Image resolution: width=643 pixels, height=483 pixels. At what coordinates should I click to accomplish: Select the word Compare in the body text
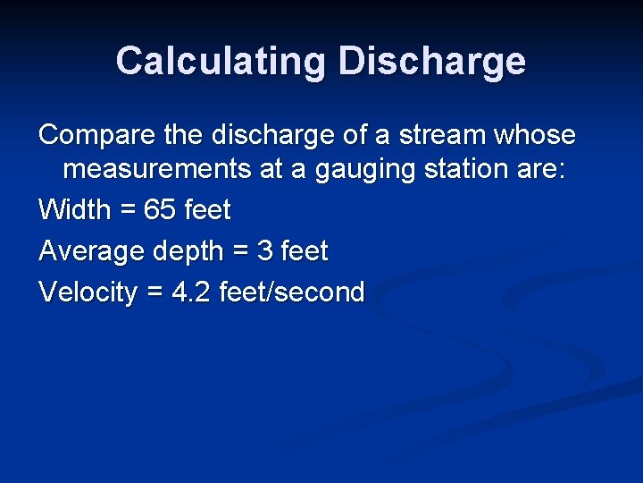pyautogui.click(x=96, y=135)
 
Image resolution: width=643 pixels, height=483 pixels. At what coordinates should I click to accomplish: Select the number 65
pyautogui.click(x=160, y=210)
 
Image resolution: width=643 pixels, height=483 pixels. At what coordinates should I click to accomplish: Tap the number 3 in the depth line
pyautogui.click(x=264, y=251)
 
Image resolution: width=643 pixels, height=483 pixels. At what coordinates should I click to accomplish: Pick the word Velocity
pyautogui.click(x=88, y=292)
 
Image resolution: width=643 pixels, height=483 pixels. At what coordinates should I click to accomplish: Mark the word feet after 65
pyautogui.click(x=207, y=210)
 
